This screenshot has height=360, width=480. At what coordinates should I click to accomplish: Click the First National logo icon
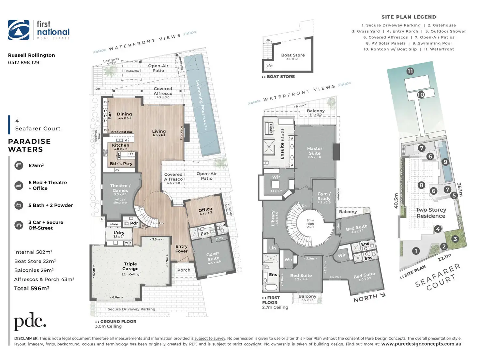pos(19,30)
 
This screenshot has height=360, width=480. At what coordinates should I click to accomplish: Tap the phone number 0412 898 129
pos(23,63)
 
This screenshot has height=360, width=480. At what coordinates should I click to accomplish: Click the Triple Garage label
pos(130,266)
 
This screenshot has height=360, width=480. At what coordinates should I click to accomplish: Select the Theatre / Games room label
pos(120,188)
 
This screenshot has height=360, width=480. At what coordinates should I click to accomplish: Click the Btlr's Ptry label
pos(121,164)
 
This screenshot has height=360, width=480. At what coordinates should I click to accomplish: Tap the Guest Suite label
pos(213,256)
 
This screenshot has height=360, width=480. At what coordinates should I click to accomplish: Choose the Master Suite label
pos(314,151)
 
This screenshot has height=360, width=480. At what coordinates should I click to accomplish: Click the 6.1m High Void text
pos(310,224)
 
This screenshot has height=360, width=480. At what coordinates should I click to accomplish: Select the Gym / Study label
pos(324,196)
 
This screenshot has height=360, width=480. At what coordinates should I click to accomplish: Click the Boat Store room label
pos(293,55)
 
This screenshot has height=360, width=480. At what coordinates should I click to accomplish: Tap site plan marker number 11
pos(410,71)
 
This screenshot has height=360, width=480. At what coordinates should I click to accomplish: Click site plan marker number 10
pos(421,95)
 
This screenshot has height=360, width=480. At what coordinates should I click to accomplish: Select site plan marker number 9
pos(445,162)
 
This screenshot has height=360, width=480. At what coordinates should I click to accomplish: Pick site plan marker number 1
pos(416,251)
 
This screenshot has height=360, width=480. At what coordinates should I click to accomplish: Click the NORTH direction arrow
pos(382,295)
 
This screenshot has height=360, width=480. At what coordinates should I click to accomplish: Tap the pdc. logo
pos(30,322)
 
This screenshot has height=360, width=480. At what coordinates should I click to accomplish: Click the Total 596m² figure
pos(32,288)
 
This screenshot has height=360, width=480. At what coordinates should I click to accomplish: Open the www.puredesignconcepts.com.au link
pos(421,344)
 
